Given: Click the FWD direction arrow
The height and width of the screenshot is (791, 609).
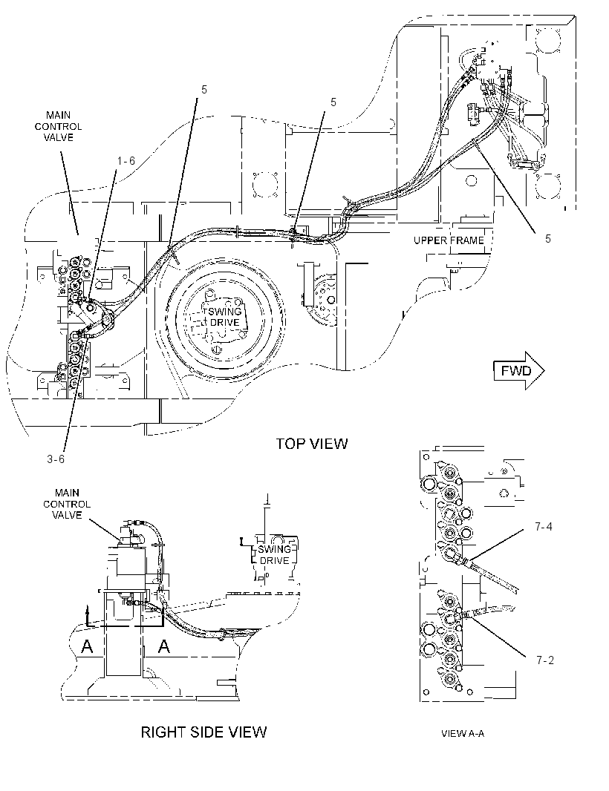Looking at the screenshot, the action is pyautogui.click(x=519, y=371).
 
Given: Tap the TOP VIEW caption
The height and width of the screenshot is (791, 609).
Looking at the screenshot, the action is pyautogui.click(x=312, y=444).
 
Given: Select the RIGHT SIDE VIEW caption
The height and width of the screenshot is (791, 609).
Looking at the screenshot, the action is pyautogui.click(x=203, y=732).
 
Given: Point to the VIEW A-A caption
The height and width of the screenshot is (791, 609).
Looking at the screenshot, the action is pyautogui.click(x=463, y=733).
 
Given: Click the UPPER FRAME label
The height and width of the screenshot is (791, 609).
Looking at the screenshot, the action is pyautogui.click(x=449, y=240).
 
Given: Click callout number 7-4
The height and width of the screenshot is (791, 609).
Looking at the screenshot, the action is pyautogui.click(x=544, y=527).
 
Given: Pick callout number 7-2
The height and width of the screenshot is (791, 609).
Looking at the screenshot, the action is pyautogui.click(x=545, y=660).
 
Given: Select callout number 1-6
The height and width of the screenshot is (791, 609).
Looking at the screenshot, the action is pyautogui.click(x=126, y=160).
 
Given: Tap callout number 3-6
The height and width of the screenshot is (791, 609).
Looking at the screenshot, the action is pyautogui.click(x=56, y=459).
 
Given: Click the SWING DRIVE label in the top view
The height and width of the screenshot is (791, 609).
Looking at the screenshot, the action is pyautogui.click(x=225, y=317).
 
